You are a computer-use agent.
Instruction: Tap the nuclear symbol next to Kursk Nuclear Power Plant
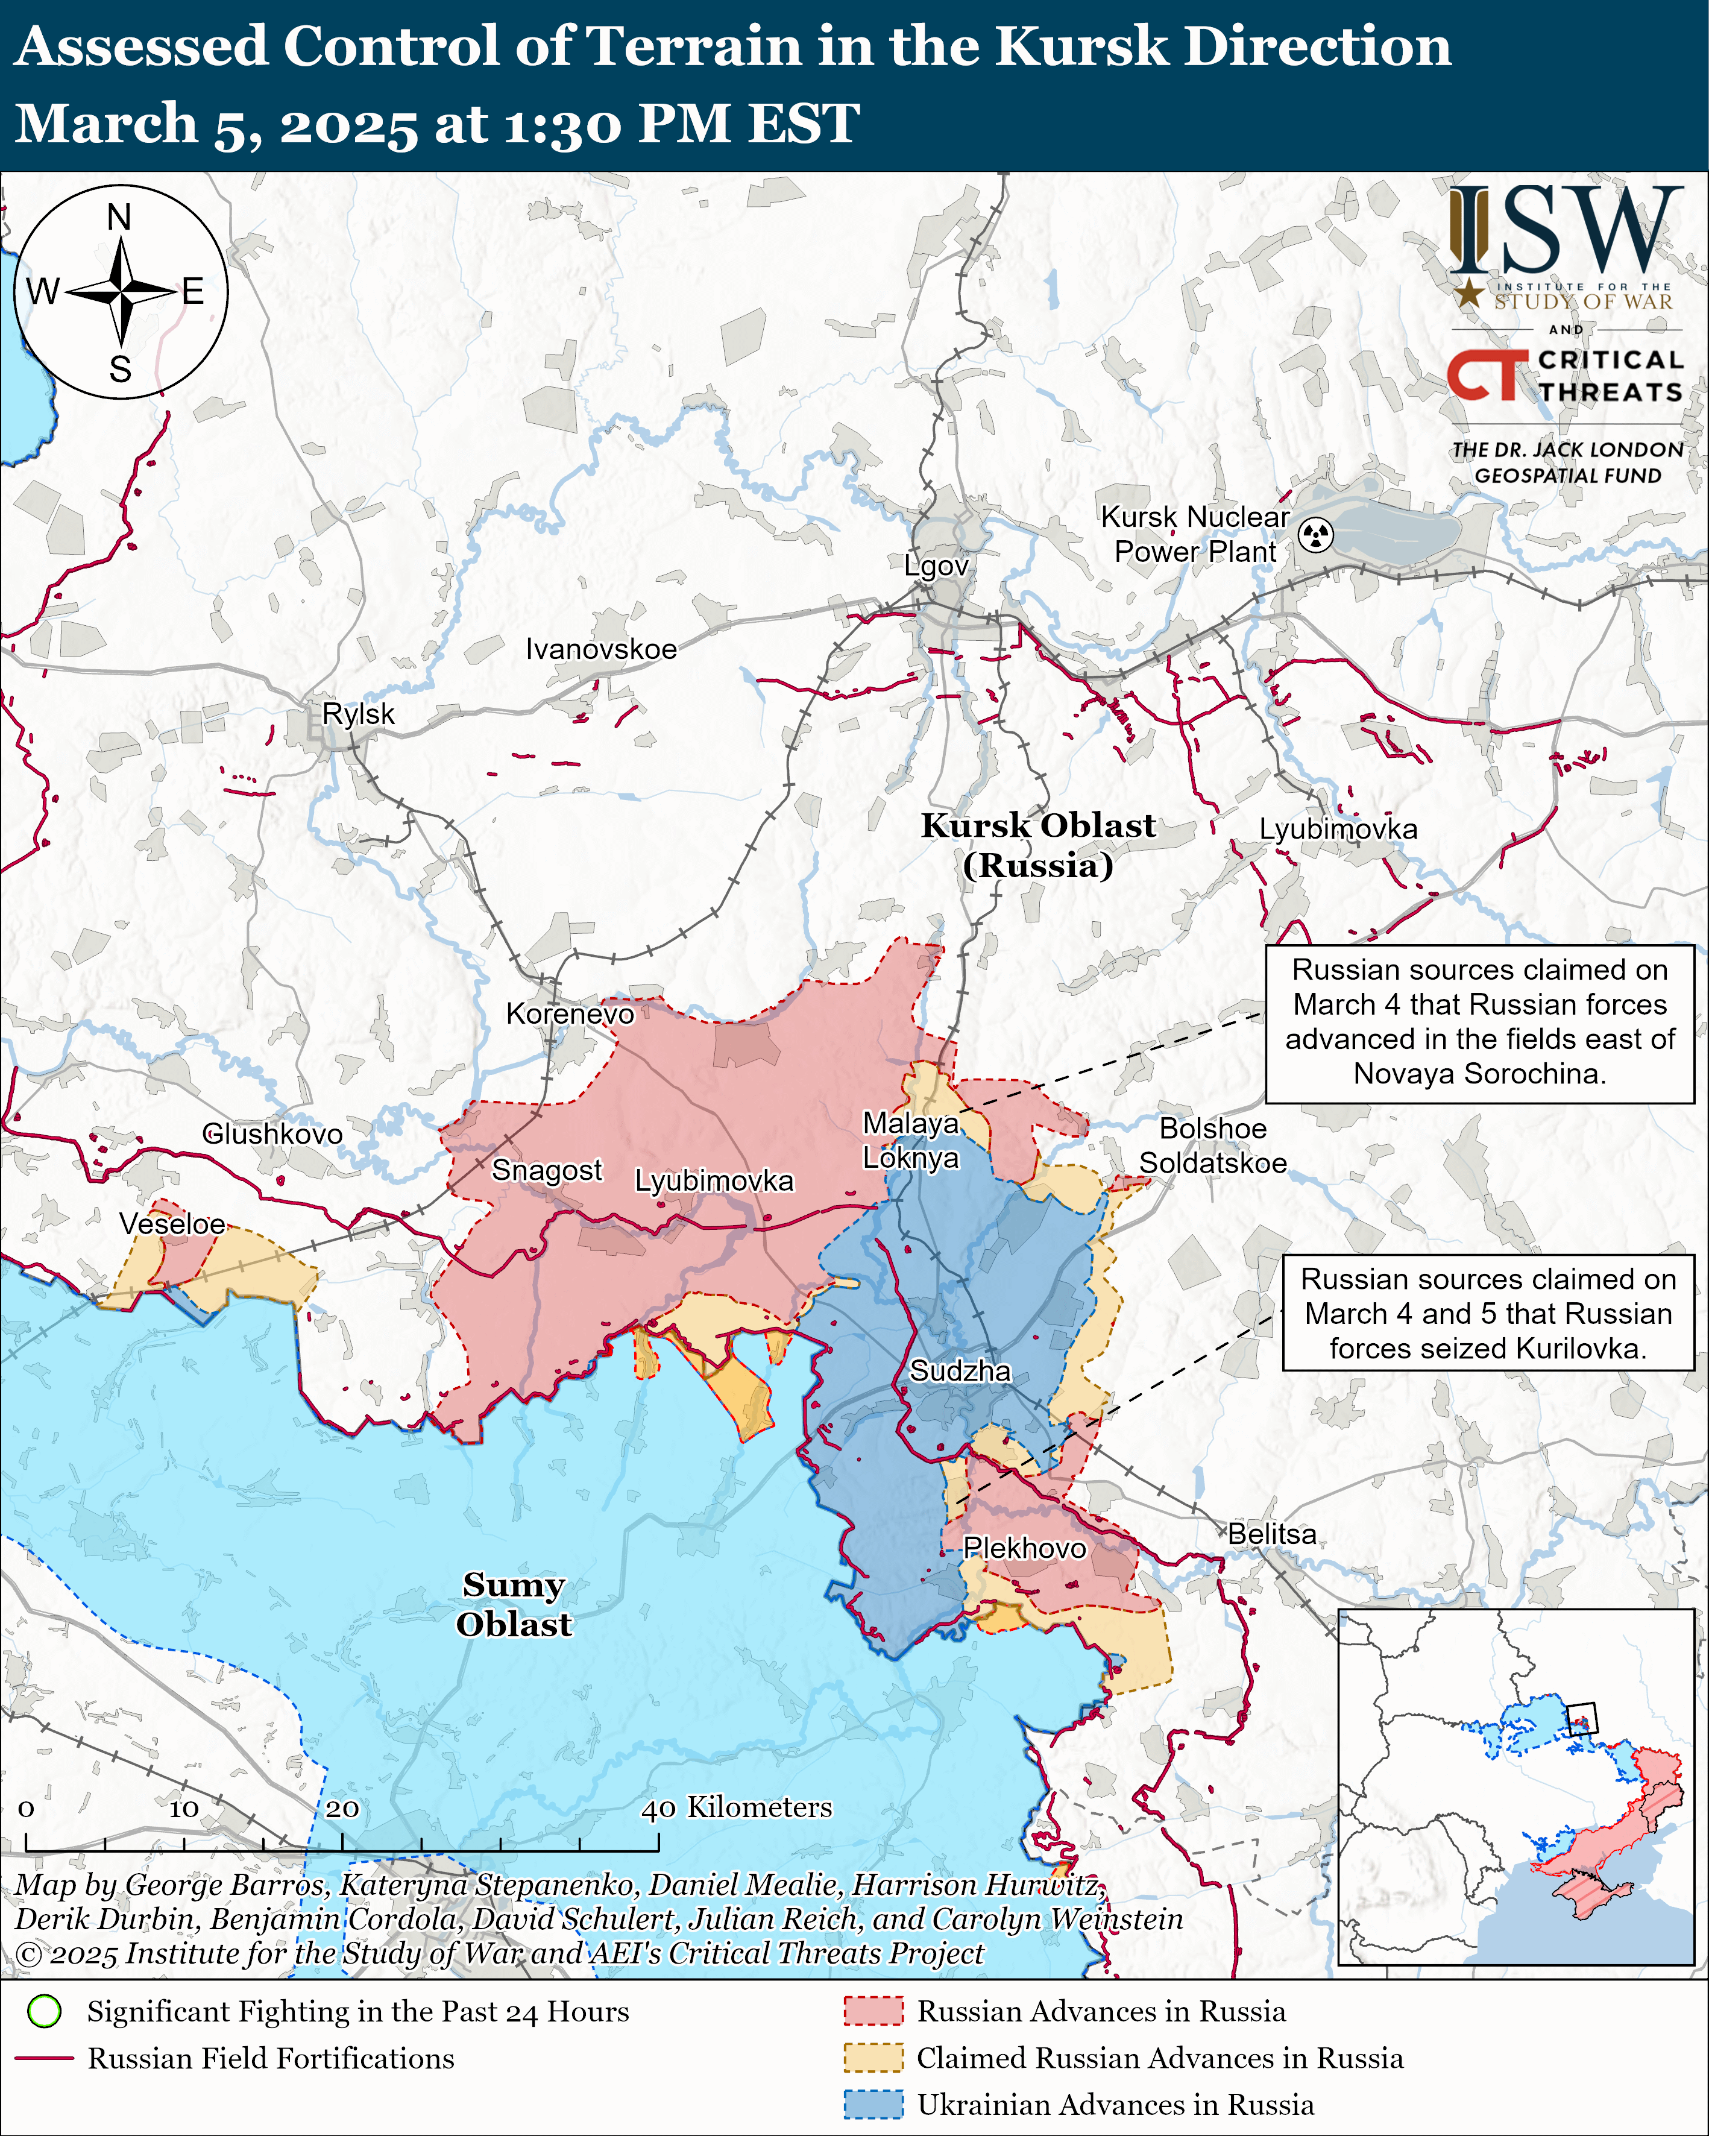pos(1316,535)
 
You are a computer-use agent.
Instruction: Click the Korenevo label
pos(570,1013)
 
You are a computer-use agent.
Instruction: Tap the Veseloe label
pos(172,1224)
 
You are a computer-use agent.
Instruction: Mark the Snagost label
pos(546,1170)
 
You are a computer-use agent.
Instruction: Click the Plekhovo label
pos(1024,1548)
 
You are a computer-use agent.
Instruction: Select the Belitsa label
pos(1272,1534)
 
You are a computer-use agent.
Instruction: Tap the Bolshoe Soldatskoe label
pos(1213,1145)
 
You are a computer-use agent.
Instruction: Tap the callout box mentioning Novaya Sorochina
pos(1479,1021)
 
